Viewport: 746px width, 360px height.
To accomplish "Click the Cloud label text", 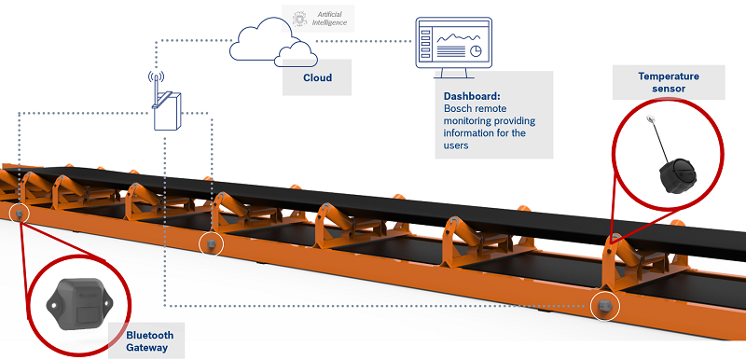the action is [x=317, y=77].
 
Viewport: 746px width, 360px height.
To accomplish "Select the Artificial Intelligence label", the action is [x=329, y=19].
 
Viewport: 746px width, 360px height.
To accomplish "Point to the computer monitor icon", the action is [x=453, y=48].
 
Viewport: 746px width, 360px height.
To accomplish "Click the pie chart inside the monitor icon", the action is [x=476, y=50].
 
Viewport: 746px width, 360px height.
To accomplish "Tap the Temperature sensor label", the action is [x=669, y=82].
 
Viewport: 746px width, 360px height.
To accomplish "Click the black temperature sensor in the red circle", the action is [x=677, y=175].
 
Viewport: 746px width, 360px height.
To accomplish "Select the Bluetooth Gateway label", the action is [x=149, y=341].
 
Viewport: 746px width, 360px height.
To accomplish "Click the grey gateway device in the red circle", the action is [x=79, y=303].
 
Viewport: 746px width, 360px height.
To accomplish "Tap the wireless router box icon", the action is [x=168, y=111].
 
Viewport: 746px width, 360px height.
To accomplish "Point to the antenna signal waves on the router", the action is [x=156, y=77].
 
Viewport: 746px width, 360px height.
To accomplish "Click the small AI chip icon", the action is [x=299, y=19].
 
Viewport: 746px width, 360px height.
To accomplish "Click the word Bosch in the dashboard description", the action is [x=459, y=108].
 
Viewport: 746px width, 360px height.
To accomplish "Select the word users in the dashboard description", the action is [x=456, y=145].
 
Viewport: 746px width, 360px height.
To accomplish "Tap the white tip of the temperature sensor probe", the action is [x=649, y=118].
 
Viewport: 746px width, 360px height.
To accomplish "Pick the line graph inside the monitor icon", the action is [x=459, y=36].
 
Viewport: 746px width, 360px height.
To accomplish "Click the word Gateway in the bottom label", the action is [x=147, y=347].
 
